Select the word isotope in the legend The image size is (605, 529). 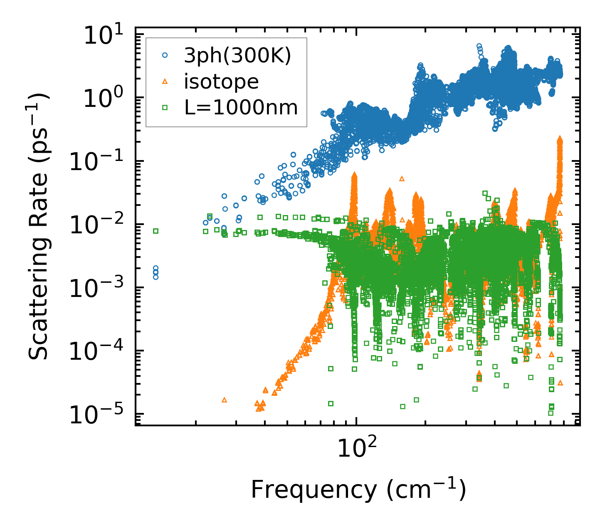click(x=221, y=82)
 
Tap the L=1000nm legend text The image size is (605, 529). click(x=241, y=108)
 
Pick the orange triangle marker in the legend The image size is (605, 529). click(x=165, y=82)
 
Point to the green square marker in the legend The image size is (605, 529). click(x=165, y=108)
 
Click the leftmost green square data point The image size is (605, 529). click(x=156, y=231)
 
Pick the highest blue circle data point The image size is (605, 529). click(x=479, y=46)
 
